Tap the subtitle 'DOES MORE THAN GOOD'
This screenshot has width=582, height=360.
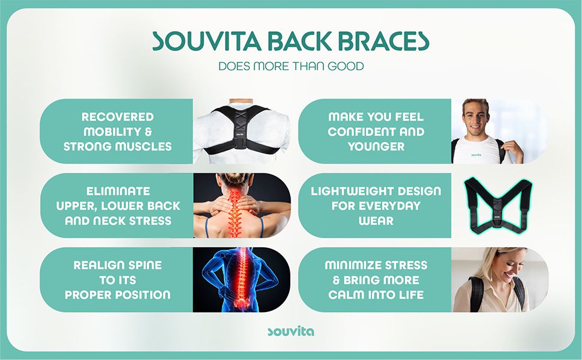tap(291, 66)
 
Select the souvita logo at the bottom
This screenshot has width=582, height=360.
tap(290, 331)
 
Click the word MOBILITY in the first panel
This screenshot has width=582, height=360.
tap(109, 131)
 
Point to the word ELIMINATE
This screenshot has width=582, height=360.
tap(118, 191)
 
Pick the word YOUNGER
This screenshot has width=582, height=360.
tap(376, 146)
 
